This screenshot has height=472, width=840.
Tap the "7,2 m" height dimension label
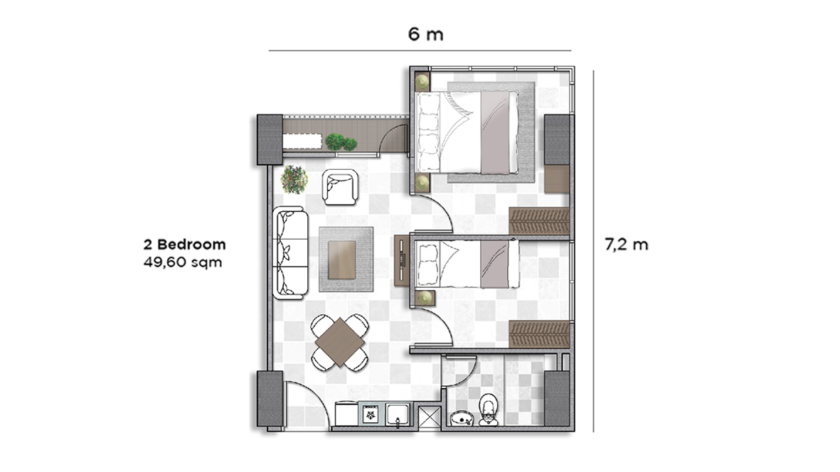pos(626,245)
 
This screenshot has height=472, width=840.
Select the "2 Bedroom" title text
pos(185,245)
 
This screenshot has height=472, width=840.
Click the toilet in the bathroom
pos(489,410)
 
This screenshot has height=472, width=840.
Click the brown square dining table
pos(340,342)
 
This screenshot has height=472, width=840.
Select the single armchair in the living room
pos(340,187)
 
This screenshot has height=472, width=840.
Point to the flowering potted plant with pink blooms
pos(294,178)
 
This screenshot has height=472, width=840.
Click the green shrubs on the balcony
pos(340,141)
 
